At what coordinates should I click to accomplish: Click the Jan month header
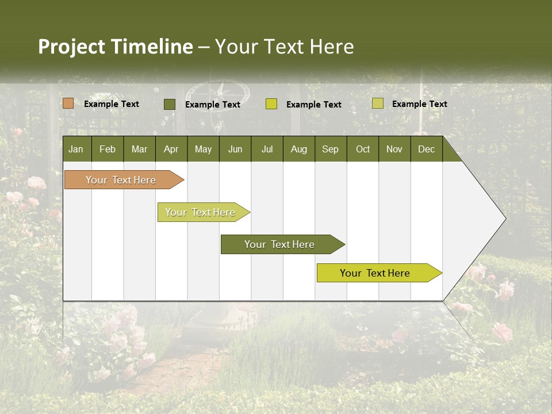(x=76, y=149)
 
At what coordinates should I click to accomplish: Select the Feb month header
(x=108, y=149)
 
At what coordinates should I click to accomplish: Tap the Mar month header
(x=139, y=149)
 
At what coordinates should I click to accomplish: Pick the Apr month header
(x=171, y=149)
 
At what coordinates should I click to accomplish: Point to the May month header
(x=203, y=149)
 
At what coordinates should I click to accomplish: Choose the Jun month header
(x=235, y=149)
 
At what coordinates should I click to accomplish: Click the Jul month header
(x=267, y=149)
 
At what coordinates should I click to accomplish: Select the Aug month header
(x=298, y=149)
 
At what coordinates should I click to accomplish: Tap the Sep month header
(x=330, y=149)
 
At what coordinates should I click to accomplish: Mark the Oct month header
(x=363, y=149)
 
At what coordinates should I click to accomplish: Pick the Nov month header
(x=394, y=149)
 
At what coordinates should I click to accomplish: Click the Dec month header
(x=427, y=149)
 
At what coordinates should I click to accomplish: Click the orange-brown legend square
(x=68, y=103)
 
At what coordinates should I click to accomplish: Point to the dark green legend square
(x=169, y=104)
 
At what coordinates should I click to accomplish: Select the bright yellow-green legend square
(x=271, y=104)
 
